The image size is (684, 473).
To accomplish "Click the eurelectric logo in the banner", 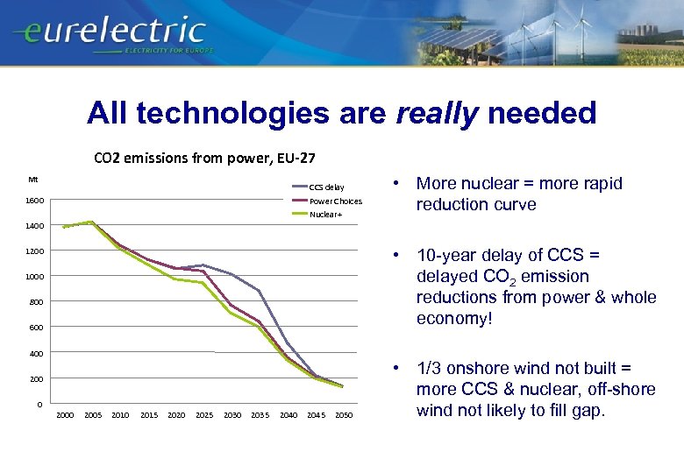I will click(110, 33).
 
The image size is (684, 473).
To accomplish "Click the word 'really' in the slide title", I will click(438, 112).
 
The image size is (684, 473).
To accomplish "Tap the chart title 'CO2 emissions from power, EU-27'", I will click(204, 159).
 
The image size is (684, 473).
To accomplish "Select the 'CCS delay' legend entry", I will click(326, 187).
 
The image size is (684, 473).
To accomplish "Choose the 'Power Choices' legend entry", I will click(335, 201).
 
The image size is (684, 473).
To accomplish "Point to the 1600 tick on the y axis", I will click(34, 201).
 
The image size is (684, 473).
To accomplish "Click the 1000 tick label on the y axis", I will click(34, 277).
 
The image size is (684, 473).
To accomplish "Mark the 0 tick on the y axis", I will click(40, 404).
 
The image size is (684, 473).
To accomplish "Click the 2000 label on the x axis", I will click(65, 415).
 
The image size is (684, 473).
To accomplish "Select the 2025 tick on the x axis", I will click(203, 415).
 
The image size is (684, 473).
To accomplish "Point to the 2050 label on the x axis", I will click(343, 415).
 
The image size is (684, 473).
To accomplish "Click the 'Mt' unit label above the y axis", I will click(32, 180).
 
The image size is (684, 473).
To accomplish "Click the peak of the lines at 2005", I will click(92, 222).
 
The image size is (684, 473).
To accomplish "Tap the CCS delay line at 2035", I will click(259, 290).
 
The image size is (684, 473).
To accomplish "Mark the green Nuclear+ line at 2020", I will click(175, 279).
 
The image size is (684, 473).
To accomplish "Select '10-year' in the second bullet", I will click(446, 256).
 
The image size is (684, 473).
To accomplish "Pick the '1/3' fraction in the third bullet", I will click(429, 369).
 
